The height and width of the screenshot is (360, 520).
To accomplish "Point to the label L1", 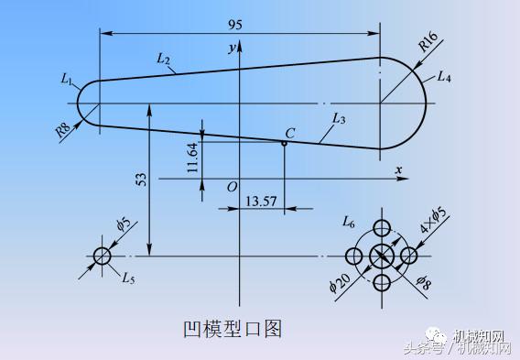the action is click(x=68, y=81).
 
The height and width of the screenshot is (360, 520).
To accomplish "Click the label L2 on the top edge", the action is click(x=164, y=60).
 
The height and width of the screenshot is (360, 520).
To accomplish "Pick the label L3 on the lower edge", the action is click(x=338, y=119).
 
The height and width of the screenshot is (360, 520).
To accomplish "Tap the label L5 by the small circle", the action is click(x=128, y=276).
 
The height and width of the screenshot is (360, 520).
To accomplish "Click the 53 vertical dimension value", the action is click(x=141, y=180).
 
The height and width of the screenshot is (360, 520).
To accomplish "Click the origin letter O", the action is click(x=233, y=187).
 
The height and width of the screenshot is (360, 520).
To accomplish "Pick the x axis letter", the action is click(x=398, y=170).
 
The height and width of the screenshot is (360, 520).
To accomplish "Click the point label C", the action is click(x=289, y=134).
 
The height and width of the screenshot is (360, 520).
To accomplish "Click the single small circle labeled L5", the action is click(x=101, y=255).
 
